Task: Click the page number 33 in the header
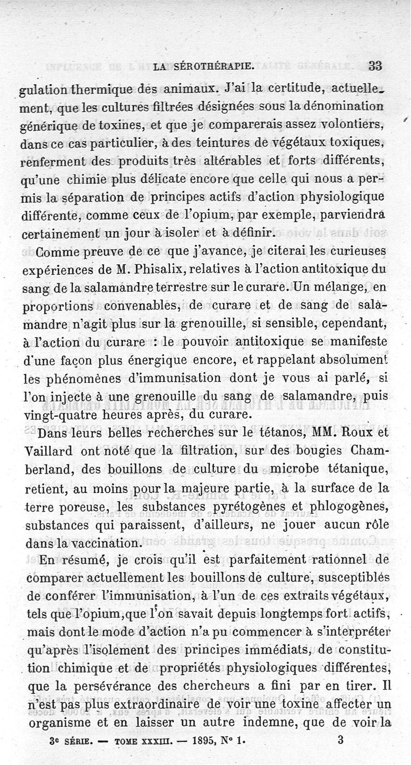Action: [x=376, y=66]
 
